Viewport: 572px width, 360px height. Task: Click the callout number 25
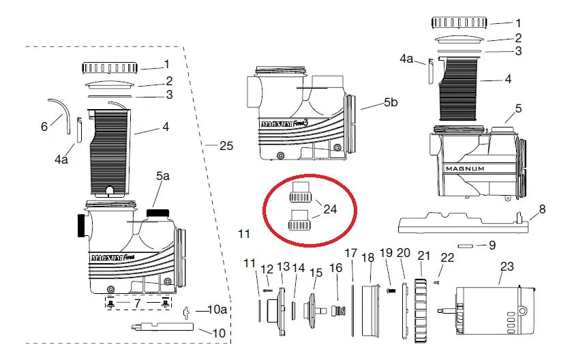tap(226, 146)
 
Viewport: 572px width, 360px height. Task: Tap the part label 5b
tap(391, 102)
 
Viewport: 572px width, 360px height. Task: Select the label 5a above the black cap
tap(163, 176)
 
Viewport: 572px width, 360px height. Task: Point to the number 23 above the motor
tap(507, 267)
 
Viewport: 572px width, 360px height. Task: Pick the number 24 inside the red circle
tap(330, 209)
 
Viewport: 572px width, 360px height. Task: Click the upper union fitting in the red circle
tap(301, 192)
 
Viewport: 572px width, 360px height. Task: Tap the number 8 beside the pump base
tap(542, 209)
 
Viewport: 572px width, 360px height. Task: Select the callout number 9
tap(492, 245)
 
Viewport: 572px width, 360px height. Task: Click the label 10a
tap(217, 310)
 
